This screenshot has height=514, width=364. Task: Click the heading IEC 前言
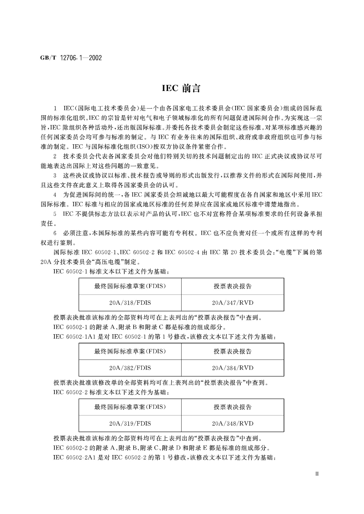click(x=181, y=89)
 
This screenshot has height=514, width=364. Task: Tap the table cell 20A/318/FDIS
click(x=130, y=303)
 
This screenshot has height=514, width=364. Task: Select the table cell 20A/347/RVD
click(x=233, y=303)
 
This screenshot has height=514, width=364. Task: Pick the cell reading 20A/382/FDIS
click(x=130, y=368)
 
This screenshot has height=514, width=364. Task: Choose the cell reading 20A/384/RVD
click(x=233, y=368)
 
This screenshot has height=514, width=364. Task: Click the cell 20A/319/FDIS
click(x=130, y=423)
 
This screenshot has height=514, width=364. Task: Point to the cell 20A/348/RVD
click(x=233, y=423)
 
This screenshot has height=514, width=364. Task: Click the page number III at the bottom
click(x=317, y=474)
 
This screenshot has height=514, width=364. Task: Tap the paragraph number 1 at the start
click(x=55, y=108)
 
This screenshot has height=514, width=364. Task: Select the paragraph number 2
click(x=55, y=157)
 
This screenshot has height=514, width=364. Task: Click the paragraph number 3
click(x=55, y=176)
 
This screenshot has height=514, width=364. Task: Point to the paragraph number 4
click(x=55, y=195)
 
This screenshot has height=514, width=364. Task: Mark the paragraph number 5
click(x=55, y=214)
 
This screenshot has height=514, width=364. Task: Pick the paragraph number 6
click(x=55, y=233)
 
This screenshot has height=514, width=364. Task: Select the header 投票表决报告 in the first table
click(x=233, y=286)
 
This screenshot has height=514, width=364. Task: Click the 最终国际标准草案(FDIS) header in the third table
click(x=130, y=407)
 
